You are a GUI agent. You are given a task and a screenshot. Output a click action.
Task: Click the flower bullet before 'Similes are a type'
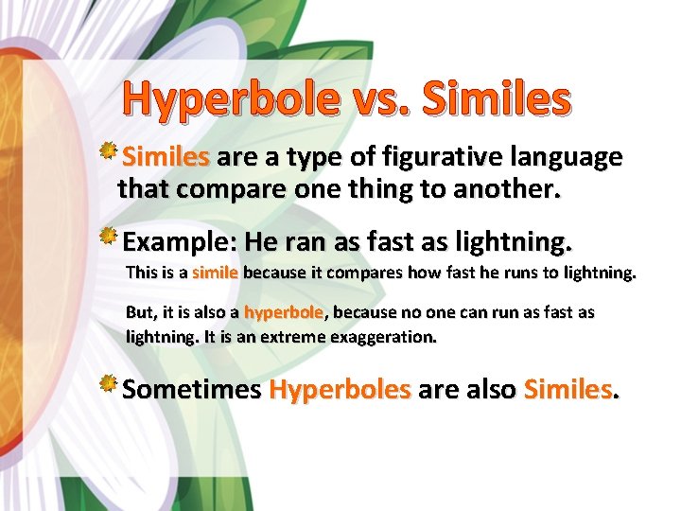[x=110, y=151]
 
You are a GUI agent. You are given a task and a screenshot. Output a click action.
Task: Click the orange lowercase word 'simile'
[x=215, y=273]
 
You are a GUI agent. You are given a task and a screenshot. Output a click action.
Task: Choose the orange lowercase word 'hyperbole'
[x=283, y=312]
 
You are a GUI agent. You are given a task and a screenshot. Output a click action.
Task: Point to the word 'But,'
[x=143, y=312]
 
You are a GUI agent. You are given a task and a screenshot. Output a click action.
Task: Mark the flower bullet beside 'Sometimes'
[x=110, y=384]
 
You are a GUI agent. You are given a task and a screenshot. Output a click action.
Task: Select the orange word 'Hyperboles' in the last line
[x=340, y=390]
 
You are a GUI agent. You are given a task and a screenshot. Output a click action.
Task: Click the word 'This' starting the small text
[x=142, y=273]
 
